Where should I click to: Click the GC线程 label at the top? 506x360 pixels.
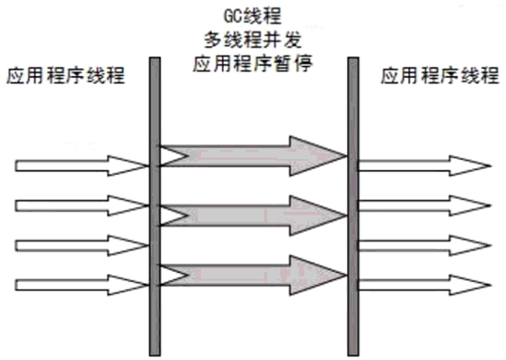[252, 15]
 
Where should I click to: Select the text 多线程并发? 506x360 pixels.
[253, 39]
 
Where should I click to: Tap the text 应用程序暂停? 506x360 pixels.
[253, 63]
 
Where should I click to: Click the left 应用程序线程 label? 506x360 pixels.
[66, 75]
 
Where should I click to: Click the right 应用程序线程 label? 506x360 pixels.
[439, 75]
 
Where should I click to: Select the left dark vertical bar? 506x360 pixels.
[155, 207]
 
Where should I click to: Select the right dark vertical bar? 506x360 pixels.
[353, 207]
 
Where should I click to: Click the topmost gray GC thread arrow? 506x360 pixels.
[253, 156]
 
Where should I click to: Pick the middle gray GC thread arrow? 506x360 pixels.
[253, 215]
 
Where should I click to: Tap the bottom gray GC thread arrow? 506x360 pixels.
[253, 275]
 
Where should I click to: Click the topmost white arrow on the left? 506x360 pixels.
[82, 166]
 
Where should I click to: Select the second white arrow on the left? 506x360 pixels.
[82, 206]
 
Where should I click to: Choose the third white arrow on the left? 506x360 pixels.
[82, 245]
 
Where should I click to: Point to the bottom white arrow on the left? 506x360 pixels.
[82, 285]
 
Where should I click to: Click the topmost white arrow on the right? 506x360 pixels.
[425, 166]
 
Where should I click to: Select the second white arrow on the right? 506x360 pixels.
[425, 206]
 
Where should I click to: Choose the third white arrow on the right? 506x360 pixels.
[425, 245]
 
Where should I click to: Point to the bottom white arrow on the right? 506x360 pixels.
[425, 285]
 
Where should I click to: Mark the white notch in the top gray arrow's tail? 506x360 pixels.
[171, 156]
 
